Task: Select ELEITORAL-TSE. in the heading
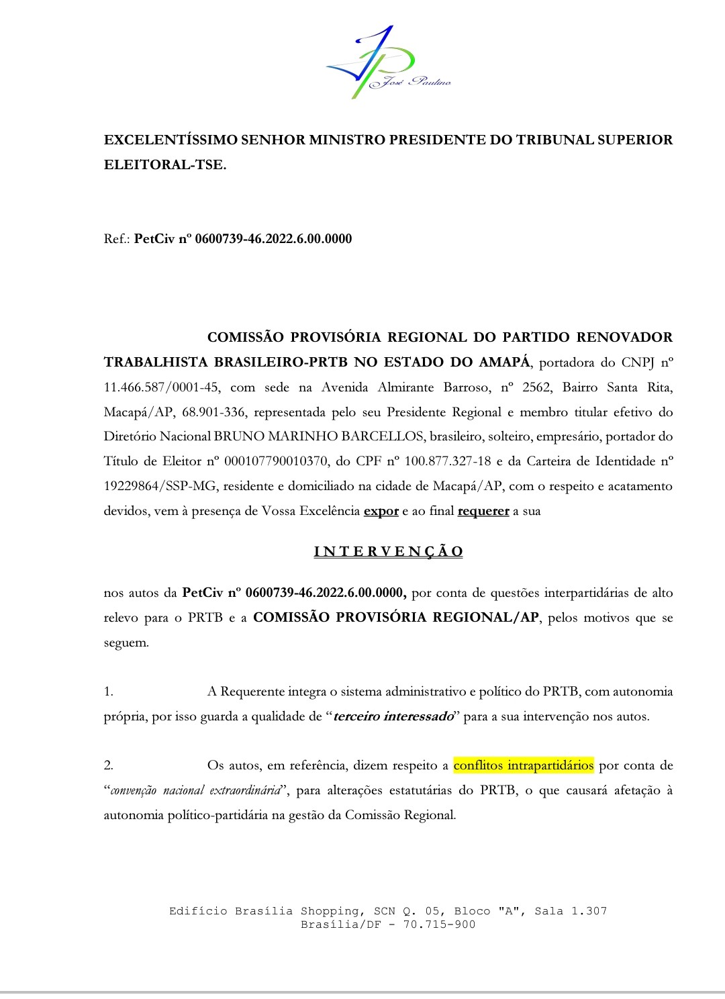pos(165,165)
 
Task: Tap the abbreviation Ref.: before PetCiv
pos(117,239)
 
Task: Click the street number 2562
pos(536,387)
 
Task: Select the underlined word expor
pos(381,512)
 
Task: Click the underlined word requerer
pos(483,512)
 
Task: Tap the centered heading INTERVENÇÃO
pos(389,552)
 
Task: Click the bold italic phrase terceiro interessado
pos(393,717)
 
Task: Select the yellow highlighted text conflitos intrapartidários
pos(524,766)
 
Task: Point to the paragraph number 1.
pos(108,692)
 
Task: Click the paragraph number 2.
pos(108,766)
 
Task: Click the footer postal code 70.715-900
pos(439,924)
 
